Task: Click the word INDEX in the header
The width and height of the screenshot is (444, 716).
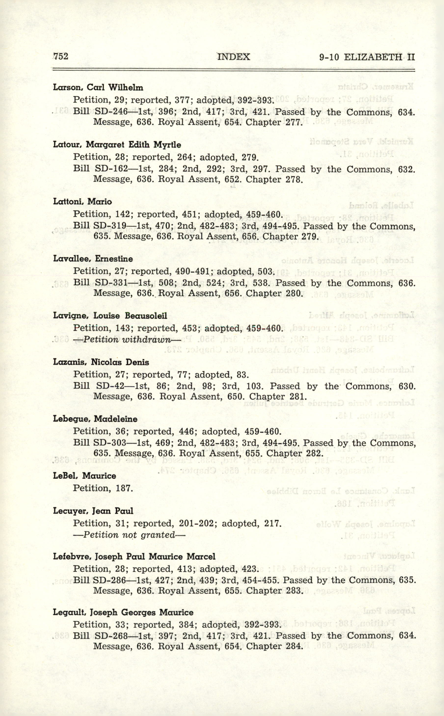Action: pyautogui.click(x=233, y=56)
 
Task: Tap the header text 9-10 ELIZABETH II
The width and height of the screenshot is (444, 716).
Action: pyautogui.click(x=367, y=57)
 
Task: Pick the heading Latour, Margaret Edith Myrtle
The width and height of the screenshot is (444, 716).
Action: pyautogui.click(x=117, y=145)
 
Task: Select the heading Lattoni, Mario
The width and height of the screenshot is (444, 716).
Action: pyautogui.click(x=82, y=202)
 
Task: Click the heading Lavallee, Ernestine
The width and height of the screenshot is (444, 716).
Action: pyautogui.click(x=93, y=259)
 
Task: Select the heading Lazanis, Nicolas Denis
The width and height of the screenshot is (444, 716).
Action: pyautogui.click(x=101, y=362)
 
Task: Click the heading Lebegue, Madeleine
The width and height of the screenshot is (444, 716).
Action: pyautogui.click(x=95, y=419)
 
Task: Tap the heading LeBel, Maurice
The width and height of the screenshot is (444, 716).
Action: pyautogui.click(x=85, y=476)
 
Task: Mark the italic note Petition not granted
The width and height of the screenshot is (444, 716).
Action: pyautogui.click(x=129, y=535)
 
